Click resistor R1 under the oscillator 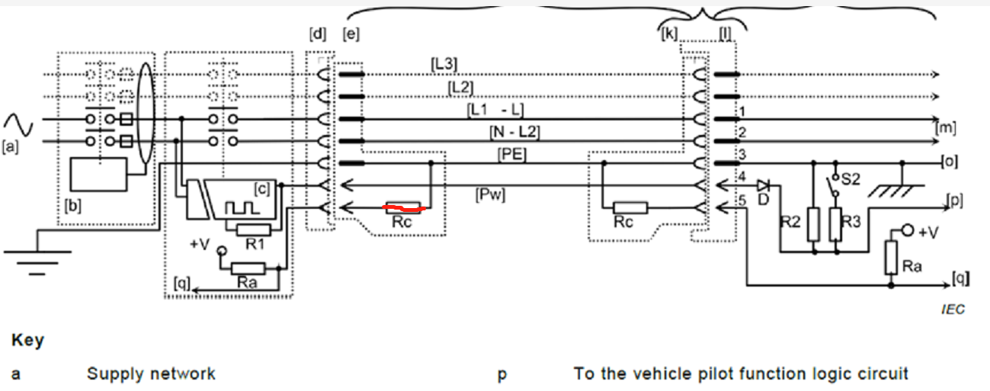252,229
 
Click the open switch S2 836,186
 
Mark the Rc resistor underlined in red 401,206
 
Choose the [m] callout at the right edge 945,127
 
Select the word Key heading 27,341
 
